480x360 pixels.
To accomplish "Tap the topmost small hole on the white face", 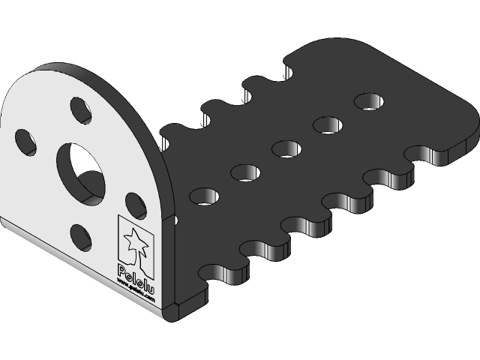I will [79, 110].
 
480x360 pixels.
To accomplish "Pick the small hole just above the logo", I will [136, 205].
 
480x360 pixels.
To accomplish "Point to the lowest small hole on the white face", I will [82, 237].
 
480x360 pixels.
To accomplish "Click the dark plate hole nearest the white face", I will [203, 196].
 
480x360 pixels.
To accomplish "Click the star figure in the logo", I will [136, 242].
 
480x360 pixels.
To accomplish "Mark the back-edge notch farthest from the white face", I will [289, 69].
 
